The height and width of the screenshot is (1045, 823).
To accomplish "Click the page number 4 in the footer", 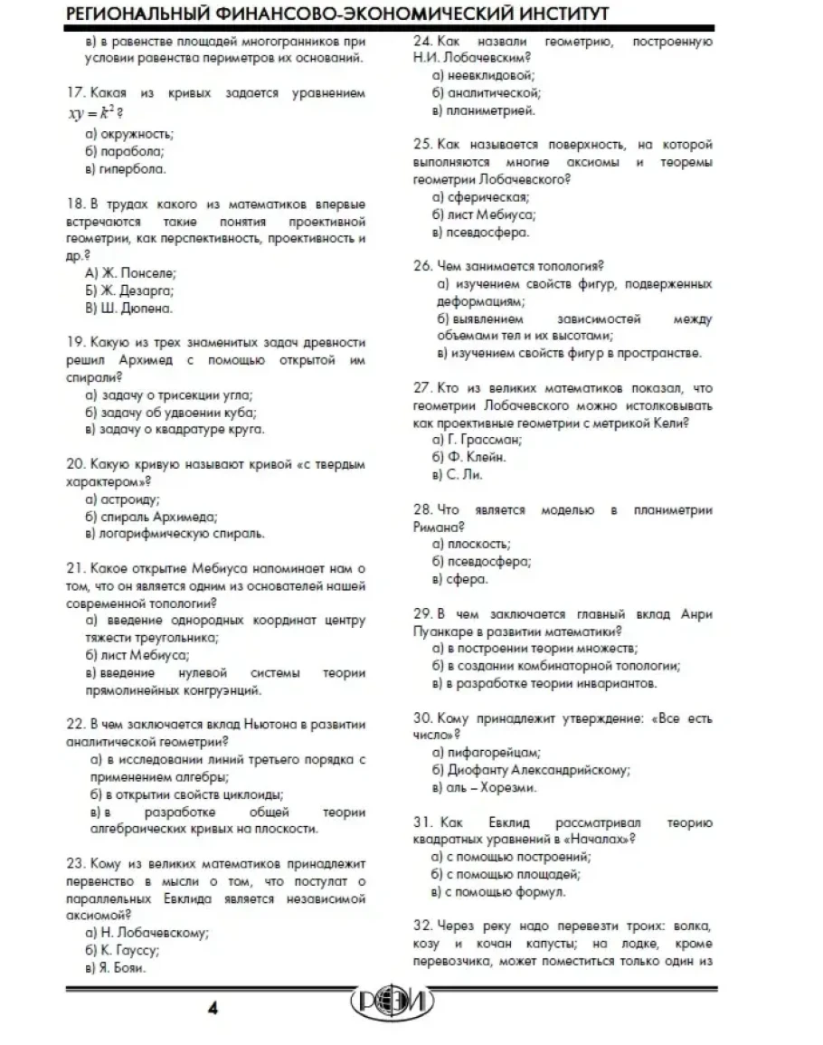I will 213,1009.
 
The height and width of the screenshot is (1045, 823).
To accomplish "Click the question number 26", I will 421,266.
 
